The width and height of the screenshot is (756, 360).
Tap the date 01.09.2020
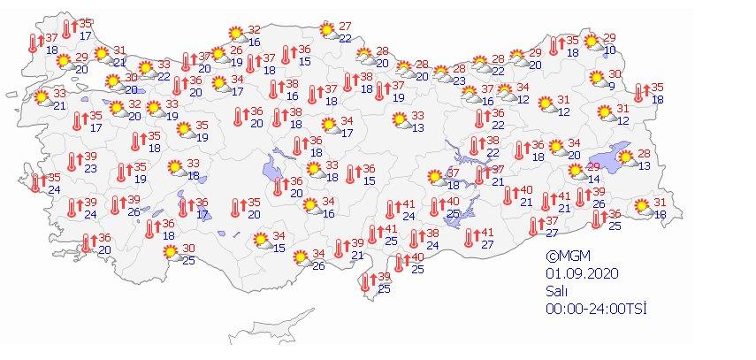[x=578, y=273]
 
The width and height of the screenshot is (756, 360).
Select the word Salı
[x=555, y=290]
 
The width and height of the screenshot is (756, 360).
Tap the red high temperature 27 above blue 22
[x=346, y=26]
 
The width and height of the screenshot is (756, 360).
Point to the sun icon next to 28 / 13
[x=627, y=159]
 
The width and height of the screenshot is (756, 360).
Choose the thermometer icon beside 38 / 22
[x=476, y=146]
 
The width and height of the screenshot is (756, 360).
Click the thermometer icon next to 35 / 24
[x=36, y=183]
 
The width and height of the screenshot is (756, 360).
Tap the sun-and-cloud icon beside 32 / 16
[x=236, y=34]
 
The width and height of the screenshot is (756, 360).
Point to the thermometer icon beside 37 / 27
[x=535, y=226]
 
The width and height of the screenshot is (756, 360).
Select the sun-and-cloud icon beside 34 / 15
[x=261, y=240]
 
